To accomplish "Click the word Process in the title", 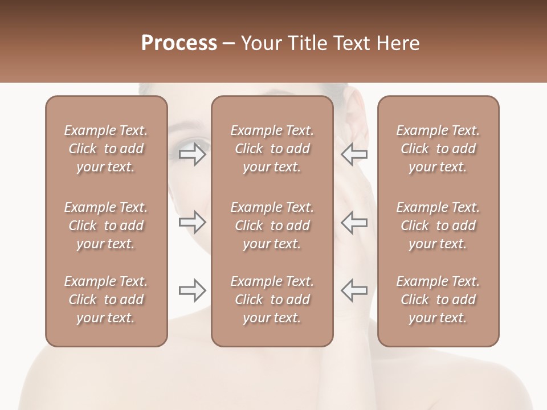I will (x=179, y=43).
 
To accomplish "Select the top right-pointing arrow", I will (x=193, y=154).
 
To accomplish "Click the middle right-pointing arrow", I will (x=193, y=222).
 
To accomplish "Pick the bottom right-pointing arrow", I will (x=193, y=290).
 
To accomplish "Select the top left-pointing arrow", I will (x=354, y=154).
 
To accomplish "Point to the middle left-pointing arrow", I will (x=354, y=222).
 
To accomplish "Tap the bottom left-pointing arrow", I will (x=354, y=290).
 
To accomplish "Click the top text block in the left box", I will (x=106, y=149).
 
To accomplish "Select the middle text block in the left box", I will (x=106, y=225).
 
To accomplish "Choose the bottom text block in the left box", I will (x=106, y=300).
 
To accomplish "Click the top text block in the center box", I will (x=272, y=149).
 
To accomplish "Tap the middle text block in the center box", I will (x=272, y=225).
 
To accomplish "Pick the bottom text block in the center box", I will (x=272, y=300).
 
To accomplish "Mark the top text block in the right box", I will (x=438, y=149).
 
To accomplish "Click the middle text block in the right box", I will (x=438, y=225).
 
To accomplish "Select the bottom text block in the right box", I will (x=438, y=300).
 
